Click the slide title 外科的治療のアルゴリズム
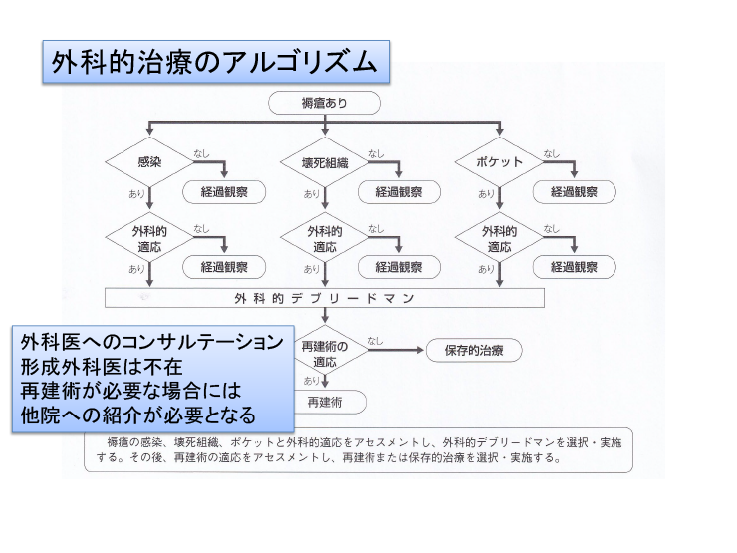pos(215,62)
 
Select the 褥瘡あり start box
pos(324,103)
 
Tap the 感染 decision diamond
pos(149,161)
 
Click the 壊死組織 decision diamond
pos(324,162)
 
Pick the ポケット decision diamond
pos(498,161)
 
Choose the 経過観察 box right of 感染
pos(224,192)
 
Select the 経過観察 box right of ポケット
pos(574,192)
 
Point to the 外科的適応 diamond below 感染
pos(149,238)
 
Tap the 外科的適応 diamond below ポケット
pos(498,238)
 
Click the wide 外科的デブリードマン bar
pos(325,298)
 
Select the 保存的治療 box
pos(473,351)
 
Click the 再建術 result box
pos(325,402)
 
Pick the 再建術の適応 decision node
pos(325,352)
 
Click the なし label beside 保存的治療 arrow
pos(375,341)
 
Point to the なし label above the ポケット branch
pos(551,153)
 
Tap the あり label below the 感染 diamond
pos(136,193)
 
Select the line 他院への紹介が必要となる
pos(138,413)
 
